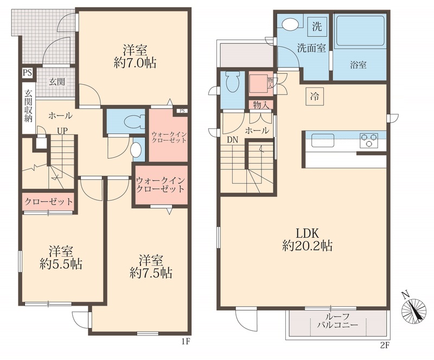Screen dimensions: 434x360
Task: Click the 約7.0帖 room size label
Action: pyautogui.click(x=135, y=63)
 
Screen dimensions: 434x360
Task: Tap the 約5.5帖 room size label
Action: pyautogui.click(x=61, y=264)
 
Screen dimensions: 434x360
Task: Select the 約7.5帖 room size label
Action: pyautogui.click(x=151, y=273)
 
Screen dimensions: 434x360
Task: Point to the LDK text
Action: pyautogui.click(x=308, y=233)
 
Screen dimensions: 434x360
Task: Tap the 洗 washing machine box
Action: pyautogui.click(x=317, y=26)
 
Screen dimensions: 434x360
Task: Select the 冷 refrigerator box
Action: pyautogui.click(x=315, y=97)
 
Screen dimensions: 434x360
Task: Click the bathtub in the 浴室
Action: pyautogui.click(x=360, y=30)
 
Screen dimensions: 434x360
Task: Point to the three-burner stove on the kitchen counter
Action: pyautogui.click(x=369, y=140)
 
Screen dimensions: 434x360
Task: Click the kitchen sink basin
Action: pyautogui.click(x=323, y=140)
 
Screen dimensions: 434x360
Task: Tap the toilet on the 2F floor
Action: pyautogui.click(x=233, y=83)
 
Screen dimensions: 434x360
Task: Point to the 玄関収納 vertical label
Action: pyautogui.click(x=28, y=106)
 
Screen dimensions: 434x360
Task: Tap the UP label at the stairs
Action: pyautogui.click(x=62, y=131)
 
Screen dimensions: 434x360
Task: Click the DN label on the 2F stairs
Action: pyautogui.click(x=233, y=140)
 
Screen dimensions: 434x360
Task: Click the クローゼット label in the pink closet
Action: pyautogui.click(x=49, y=201)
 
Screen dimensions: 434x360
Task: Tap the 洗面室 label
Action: pyautogui.click(x=311, y=48)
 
